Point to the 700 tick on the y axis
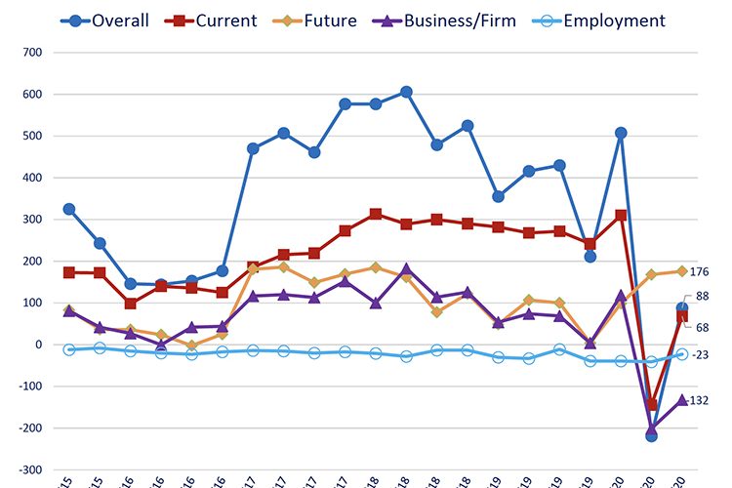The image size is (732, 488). pyautogui.click(x=32, y=53)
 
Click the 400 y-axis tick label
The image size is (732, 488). pyautogui.click(x=32, y=178)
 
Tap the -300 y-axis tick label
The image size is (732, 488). pyautogui.click(x=30, y=469)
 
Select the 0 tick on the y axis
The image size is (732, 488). pyautogui.click(x=40, y=345)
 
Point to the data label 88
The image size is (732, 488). pyautogui.click(x=702, y=297)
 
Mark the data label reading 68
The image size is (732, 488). pyautogui.click(x=702, y=328)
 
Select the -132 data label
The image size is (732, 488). pyautogui.click(x=700, y=400)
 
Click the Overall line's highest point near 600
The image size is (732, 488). pyautogui.click(x=406, y=92)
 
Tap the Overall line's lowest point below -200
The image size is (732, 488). pyautogui.click(x=651, y=435)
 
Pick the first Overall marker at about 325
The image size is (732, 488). pyautogui.click(x=68, y=209)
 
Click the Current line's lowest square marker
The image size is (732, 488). pyautogui.click(x=651, y=404)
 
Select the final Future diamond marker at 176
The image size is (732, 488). pyautogui.click(x=681, y=271)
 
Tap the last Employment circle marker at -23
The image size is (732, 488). pyautogui.click(x=682, y=354)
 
